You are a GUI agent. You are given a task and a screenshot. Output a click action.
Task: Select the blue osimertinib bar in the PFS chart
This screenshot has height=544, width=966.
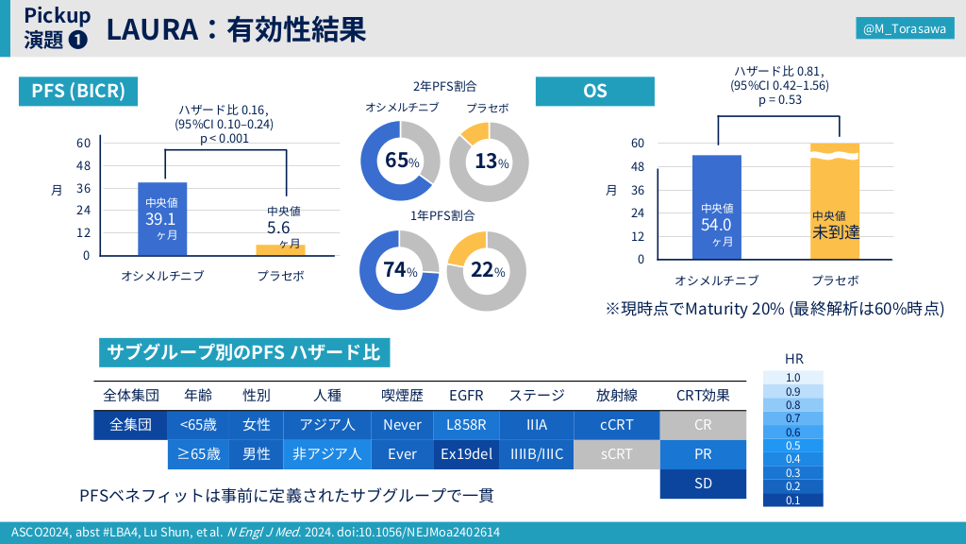tap(162, 218)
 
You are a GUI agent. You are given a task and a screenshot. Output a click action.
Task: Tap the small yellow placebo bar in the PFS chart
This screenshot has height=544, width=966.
tap(281, 249)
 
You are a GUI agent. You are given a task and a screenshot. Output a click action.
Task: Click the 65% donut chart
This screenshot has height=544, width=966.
tap(401, 161)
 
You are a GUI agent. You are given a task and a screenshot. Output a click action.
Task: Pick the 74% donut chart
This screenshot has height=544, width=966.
tap(401, 270)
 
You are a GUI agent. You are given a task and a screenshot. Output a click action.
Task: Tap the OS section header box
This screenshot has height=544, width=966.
tap(595, 91)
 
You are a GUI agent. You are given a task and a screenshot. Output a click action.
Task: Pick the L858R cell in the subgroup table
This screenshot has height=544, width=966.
tap(467, 425)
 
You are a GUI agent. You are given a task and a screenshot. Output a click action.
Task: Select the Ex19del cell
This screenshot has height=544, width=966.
tap(467, 454)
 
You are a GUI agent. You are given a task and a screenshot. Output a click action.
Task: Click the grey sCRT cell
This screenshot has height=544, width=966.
tap(616, 454)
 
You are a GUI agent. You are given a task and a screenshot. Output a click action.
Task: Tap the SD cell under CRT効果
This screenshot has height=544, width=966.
tap(703, 484)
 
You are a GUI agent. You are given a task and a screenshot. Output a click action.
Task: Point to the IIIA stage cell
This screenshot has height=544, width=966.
tap(536, 425)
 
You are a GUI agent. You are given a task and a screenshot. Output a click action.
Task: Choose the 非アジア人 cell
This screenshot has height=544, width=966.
tap(327, 454)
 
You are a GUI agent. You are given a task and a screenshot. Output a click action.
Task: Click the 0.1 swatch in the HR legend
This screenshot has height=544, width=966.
tap(792, 501)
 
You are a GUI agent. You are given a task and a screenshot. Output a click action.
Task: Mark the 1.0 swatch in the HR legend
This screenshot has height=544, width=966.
tap(792, 377)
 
